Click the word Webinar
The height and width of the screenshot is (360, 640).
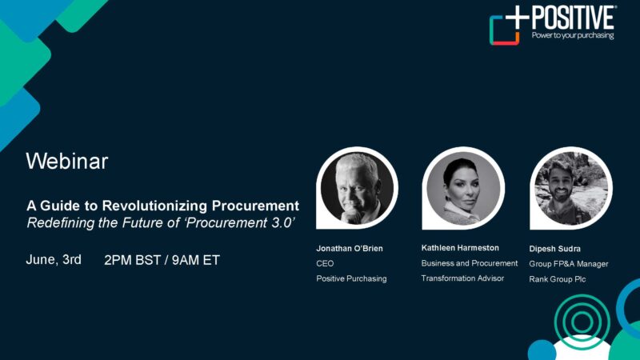[67, 161]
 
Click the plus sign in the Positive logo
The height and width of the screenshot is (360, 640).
[517, 18]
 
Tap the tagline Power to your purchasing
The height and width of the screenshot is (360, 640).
[573, 35]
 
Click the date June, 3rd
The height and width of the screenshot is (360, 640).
[54, 259]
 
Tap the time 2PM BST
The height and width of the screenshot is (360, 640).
[132, 260]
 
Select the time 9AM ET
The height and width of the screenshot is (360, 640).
[195, 260]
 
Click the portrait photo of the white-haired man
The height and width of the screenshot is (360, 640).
[357, 188]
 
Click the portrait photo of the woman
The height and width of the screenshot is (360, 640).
[463, 188]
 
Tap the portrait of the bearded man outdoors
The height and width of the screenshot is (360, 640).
[571, 188]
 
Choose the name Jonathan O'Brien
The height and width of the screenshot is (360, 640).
[350, 248]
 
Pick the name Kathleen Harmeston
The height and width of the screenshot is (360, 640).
[460, 248]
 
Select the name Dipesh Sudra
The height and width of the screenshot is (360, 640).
[554, 249]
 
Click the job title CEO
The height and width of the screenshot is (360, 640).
[325, 264]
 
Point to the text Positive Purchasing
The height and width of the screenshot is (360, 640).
[351, 278]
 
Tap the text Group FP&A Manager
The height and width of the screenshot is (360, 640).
[569, 264]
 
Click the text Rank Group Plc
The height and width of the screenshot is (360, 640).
[557, 279]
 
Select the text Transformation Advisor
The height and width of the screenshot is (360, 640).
[462, 278]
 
